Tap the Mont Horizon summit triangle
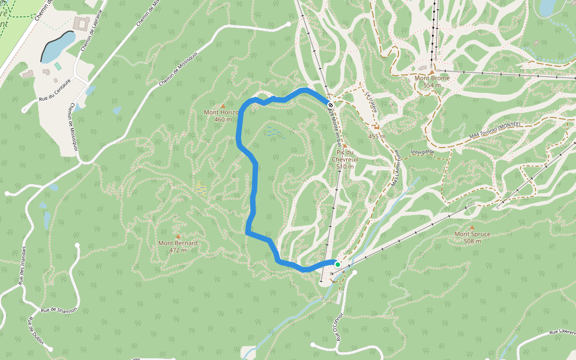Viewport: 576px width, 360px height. [x=223, y=106]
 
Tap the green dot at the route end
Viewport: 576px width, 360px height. [x=337, y=265]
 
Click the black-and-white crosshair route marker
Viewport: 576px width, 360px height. [x=331, y=105]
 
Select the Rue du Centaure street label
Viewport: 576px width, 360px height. [x=55, y=91]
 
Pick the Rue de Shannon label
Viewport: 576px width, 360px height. [x=59, y=310]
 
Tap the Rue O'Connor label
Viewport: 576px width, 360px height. [x=339, y=326]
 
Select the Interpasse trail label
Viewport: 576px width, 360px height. [x=423, y=152]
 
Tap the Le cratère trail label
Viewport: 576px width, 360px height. [x=370, y=102]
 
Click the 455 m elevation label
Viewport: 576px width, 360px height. [x=376, y=136]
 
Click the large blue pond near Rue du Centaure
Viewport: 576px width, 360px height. [x=58, y=46]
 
